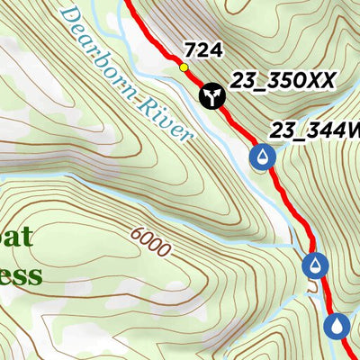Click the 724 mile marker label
pos(202,49)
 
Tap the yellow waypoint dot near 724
pos(184,67)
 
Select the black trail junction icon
pos(211,94)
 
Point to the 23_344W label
pos(315,131)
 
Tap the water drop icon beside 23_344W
pos(262,157)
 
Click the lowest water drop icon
pos(337,325)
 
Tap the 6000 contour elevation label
pos(149,241)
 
